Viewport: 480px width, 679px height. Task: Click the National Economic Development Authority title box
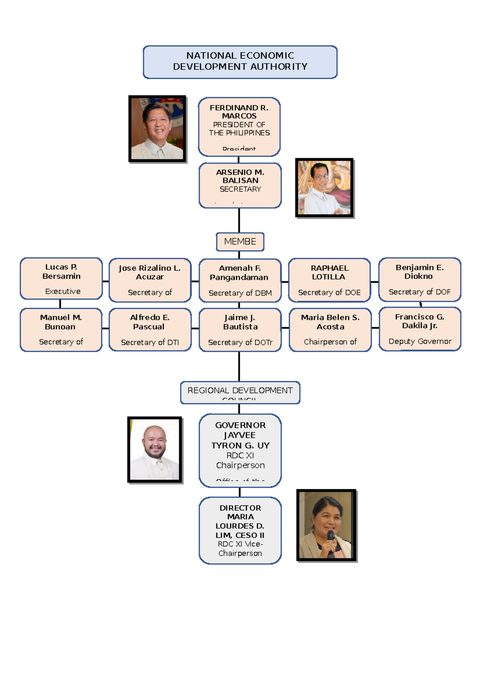tap(240, 62)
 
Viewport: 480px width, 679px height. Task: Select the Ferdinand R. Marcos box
tap(239, 127)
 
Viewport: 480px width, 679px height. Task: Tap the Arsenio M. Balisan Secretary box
tap(240, 185)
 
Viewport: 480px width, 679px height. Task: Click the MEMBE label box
tap(240, 242)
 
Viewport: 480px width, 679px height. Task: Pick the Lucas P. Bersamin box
tap(61, 279)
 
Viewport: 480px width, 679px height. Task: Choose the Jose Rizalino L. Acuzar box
tap(150, 280)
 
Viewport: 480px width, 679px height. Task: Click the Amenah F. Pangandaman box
tap(240, 280)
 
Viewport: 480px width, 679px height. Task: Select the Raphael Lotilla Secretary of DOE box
tap(329, 280)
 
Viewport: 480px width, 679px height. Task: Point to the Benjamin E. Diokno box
tap(420, 279)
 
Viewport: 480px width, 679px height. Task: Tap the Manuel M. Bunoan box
tap(61, 330)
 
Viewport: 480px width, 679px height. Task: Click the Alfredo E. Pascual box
tap(150, 330)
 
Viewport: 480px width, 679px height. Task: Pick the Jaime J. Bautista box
tap(240, 330)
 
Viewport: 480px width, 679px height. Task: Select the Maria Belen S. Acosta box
tap(330, 330)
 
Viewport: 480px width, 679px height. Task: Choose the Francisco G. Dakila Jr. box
tap(420, 329)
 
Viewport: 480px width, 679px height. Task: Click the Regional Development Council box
tap(240, 392)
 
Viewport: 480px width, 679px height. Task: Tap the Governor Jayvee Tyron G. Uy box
tap(240, 450)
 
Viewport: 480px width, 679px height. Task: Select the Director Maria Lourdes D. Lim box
tap(240, 530)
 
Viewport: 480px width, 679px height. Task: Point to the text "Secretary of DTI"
tap(150, 342)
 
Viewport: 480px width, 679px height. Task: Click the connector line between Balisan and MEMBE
tap(239, 220)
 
